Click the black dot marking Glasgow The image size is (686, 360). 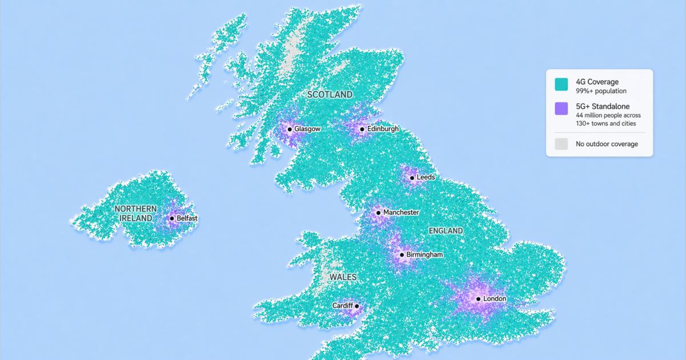(290, 129)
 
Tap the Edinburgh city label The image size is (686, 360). (382, 129)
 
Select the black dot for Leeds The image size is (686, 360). (412, 177)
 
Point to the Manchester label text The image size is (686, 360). (401, 213)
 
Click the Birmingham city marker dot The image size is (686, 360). (402, 255)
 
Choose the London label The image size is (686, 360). (494, 299)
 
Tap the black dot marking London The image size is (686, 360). (478, 299)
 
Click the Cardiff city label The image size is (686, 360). (342, 306)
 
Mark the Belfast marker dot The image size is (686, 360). (172, 218)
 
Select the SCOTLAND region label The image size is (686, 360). (330, 94)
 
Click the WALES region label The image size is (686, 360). (343, 277)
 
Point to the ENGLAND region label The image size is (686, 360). (445, 231)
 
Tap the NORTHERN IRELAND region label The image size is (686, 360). (135, 213)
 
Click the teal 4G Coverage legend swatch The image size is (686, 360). (561, 85)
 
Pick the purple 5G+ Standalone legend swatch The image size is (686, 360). (561, 109)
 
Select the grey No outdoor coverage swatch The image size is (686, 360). (561, 144)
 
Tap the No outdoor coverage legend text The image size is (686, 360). (607, 144)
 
